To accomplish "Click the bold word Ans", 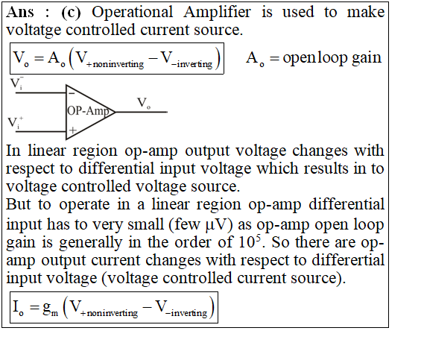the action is pyautogui.click(x=20, y=13).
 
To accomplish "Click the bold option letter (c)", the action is pyautogui.click(x=71, y=13).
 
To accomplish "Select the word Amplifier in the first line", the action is pyautogui.click(x=217, y=13).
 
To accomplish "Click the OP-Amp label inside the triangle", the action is pyautogui.click(x=88, y=111).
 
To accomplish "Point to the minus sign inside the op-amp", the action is pyautogui.click(x=72, y=93).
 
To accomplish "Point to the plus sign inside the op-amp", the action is pyautogui.click(x=72, y=130).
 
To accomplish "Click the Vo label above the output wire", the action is pyautogui.click(x=144, y=103).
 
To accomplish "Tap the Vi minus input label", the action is pyautogui.click(x=16, y=83).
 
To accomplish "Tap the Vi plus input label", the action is pyautogui.click(x=16, y=123).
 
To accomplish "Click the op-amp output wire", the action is pyautogui.click(x=142, y=112).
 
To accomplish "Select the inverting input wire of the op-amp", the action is pyautogui.click(x=41, y=92).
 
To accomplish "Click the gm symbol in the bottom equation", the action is pyautogui.click(x=50, y=309).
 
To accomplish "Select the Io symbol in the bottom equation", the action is pyautogui.click(x=19, y=308).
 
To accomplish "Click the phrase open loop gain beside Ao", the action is pyautogui.click(x=332, y=58).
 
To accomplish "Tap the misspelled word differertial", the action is pyautogui.click(x=348, y=260).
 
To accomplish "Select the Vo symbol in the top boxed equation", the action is pyautogui.click(x=21, y=59).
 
